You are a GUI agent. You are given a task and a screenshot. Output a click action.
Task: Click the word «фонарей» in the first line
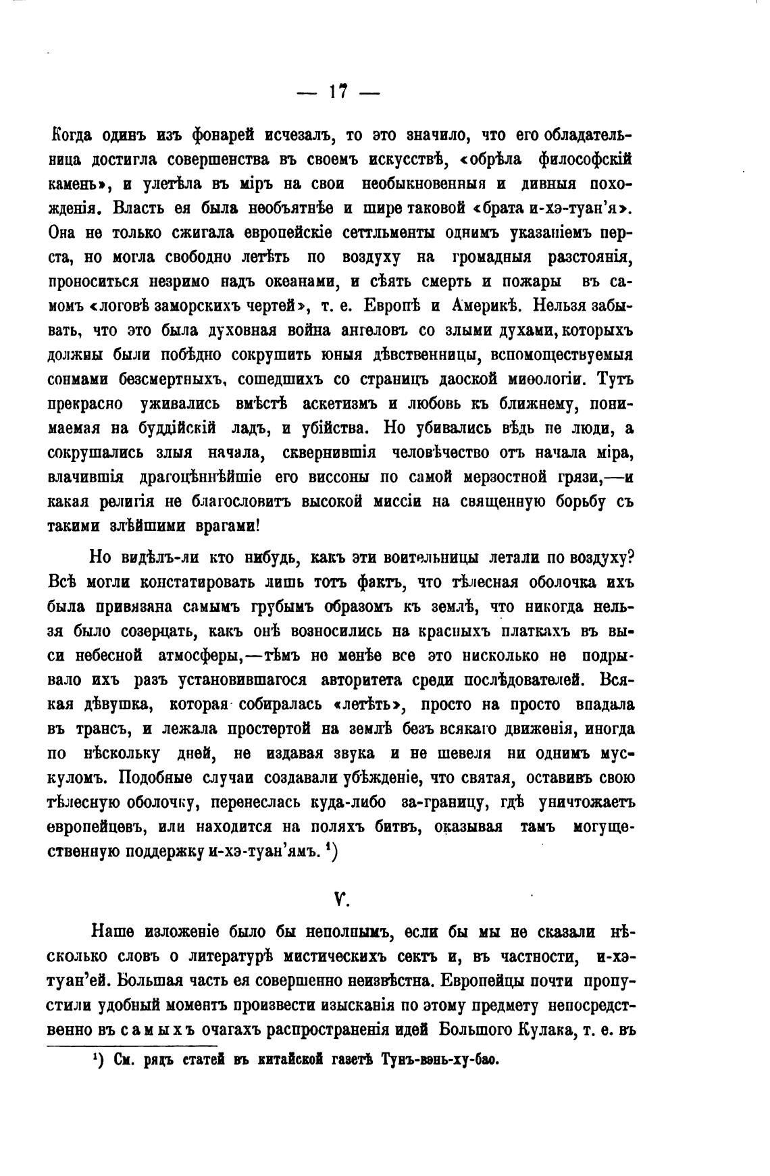coord(225,135)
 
